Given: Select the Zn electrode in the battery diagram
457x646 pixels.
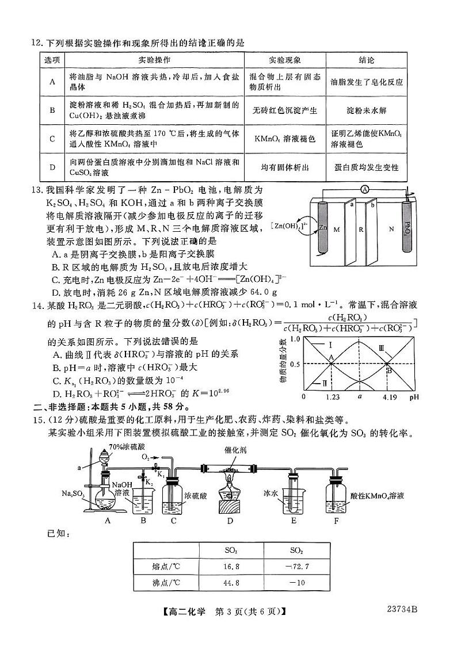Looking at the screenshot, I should tap(321, 227).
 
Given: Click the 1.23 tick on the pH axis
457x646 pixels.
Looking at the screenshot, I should tap(330, 397).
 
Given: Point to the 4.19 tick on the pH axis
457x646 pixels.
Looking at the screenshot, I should tap(387, 397).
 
